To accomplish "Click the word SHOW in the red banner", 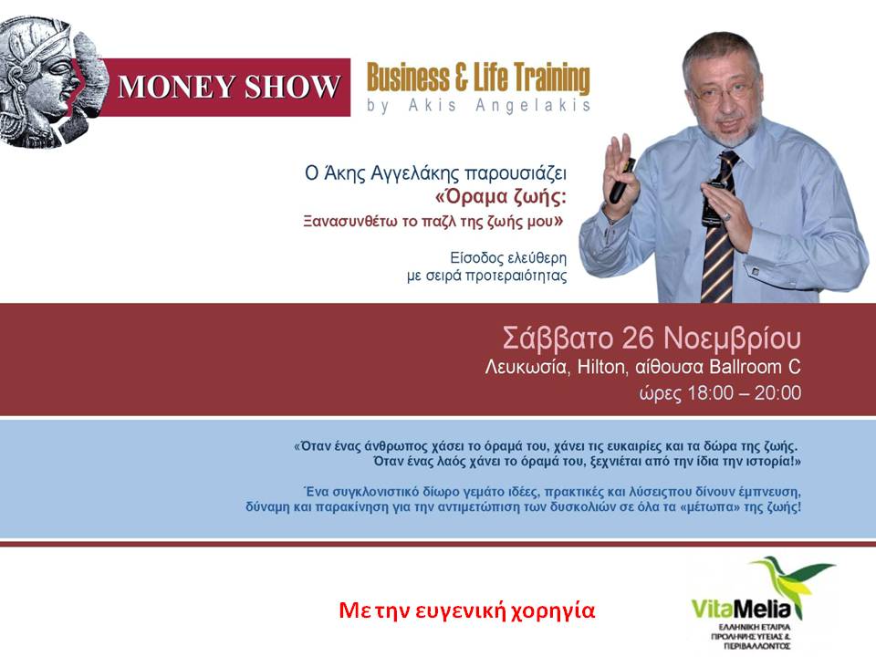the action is [x=292, y=88].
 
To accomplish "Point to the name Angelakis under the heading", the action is [x=533, y=106].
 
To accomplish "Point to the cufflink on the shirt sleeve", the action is [x=755, y=272].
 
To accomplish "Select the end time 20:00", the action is [x=777, y=392].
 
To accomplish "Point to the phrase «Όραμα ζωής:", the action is [x=501, y=197].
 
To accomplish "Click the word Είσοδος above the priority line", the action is [x=477, y=258].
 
